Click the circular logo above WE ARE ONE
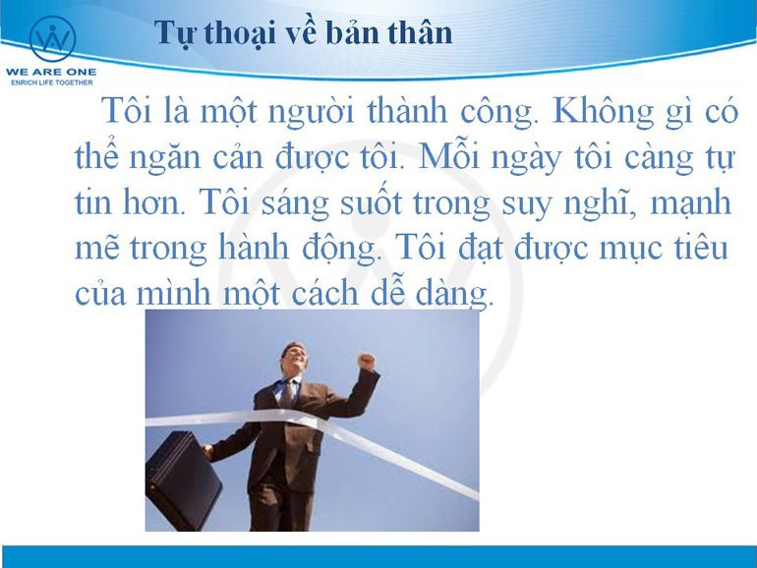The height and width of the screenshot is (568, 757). [x=53, y=39]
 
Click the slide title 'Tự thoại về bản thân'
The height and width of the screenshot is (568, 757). [x=304, y=33]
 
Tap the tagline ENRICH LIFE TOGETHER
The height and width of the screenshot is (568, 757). [x=52, y=83]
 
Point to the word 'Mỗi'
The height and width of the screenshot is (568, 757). [x=449, y=156]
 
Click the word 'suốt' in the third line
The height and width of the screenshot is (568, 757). [x=371, y=201]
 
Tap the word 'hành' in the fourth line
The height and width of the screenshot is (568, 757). [x=254, y=248]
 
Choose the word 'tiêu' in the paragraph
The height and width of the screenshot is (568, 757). [x=701, y=247]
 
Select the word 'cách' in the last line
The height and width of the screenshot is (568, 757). [x=324, y=292]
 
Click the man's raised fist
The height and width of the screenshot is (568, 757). [x=366, y=361]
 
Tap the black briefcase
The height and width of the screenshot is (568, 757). [x=183, y=481]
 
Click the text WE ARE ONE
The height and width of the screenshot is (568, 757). [x=51, y=72]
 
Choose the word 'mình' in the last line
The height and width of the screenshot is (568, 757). [x=174, y=292]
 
